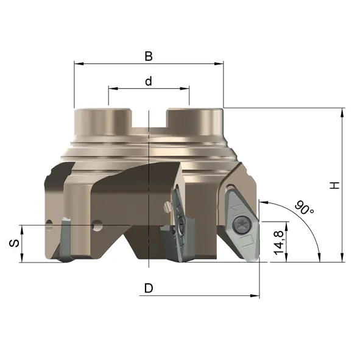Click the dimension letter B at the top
(149, 56)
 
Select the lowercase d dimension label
(149, 81)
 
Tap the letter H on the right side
(335, 185)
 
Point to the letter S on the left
(14, 243)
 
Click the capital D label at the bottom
(149, 288)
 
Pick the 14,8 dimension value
(279, 242)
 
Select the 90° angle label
(304, 207)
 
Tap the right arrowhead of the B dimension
(219, 63)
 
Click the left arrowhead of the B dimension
(79, 63)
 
